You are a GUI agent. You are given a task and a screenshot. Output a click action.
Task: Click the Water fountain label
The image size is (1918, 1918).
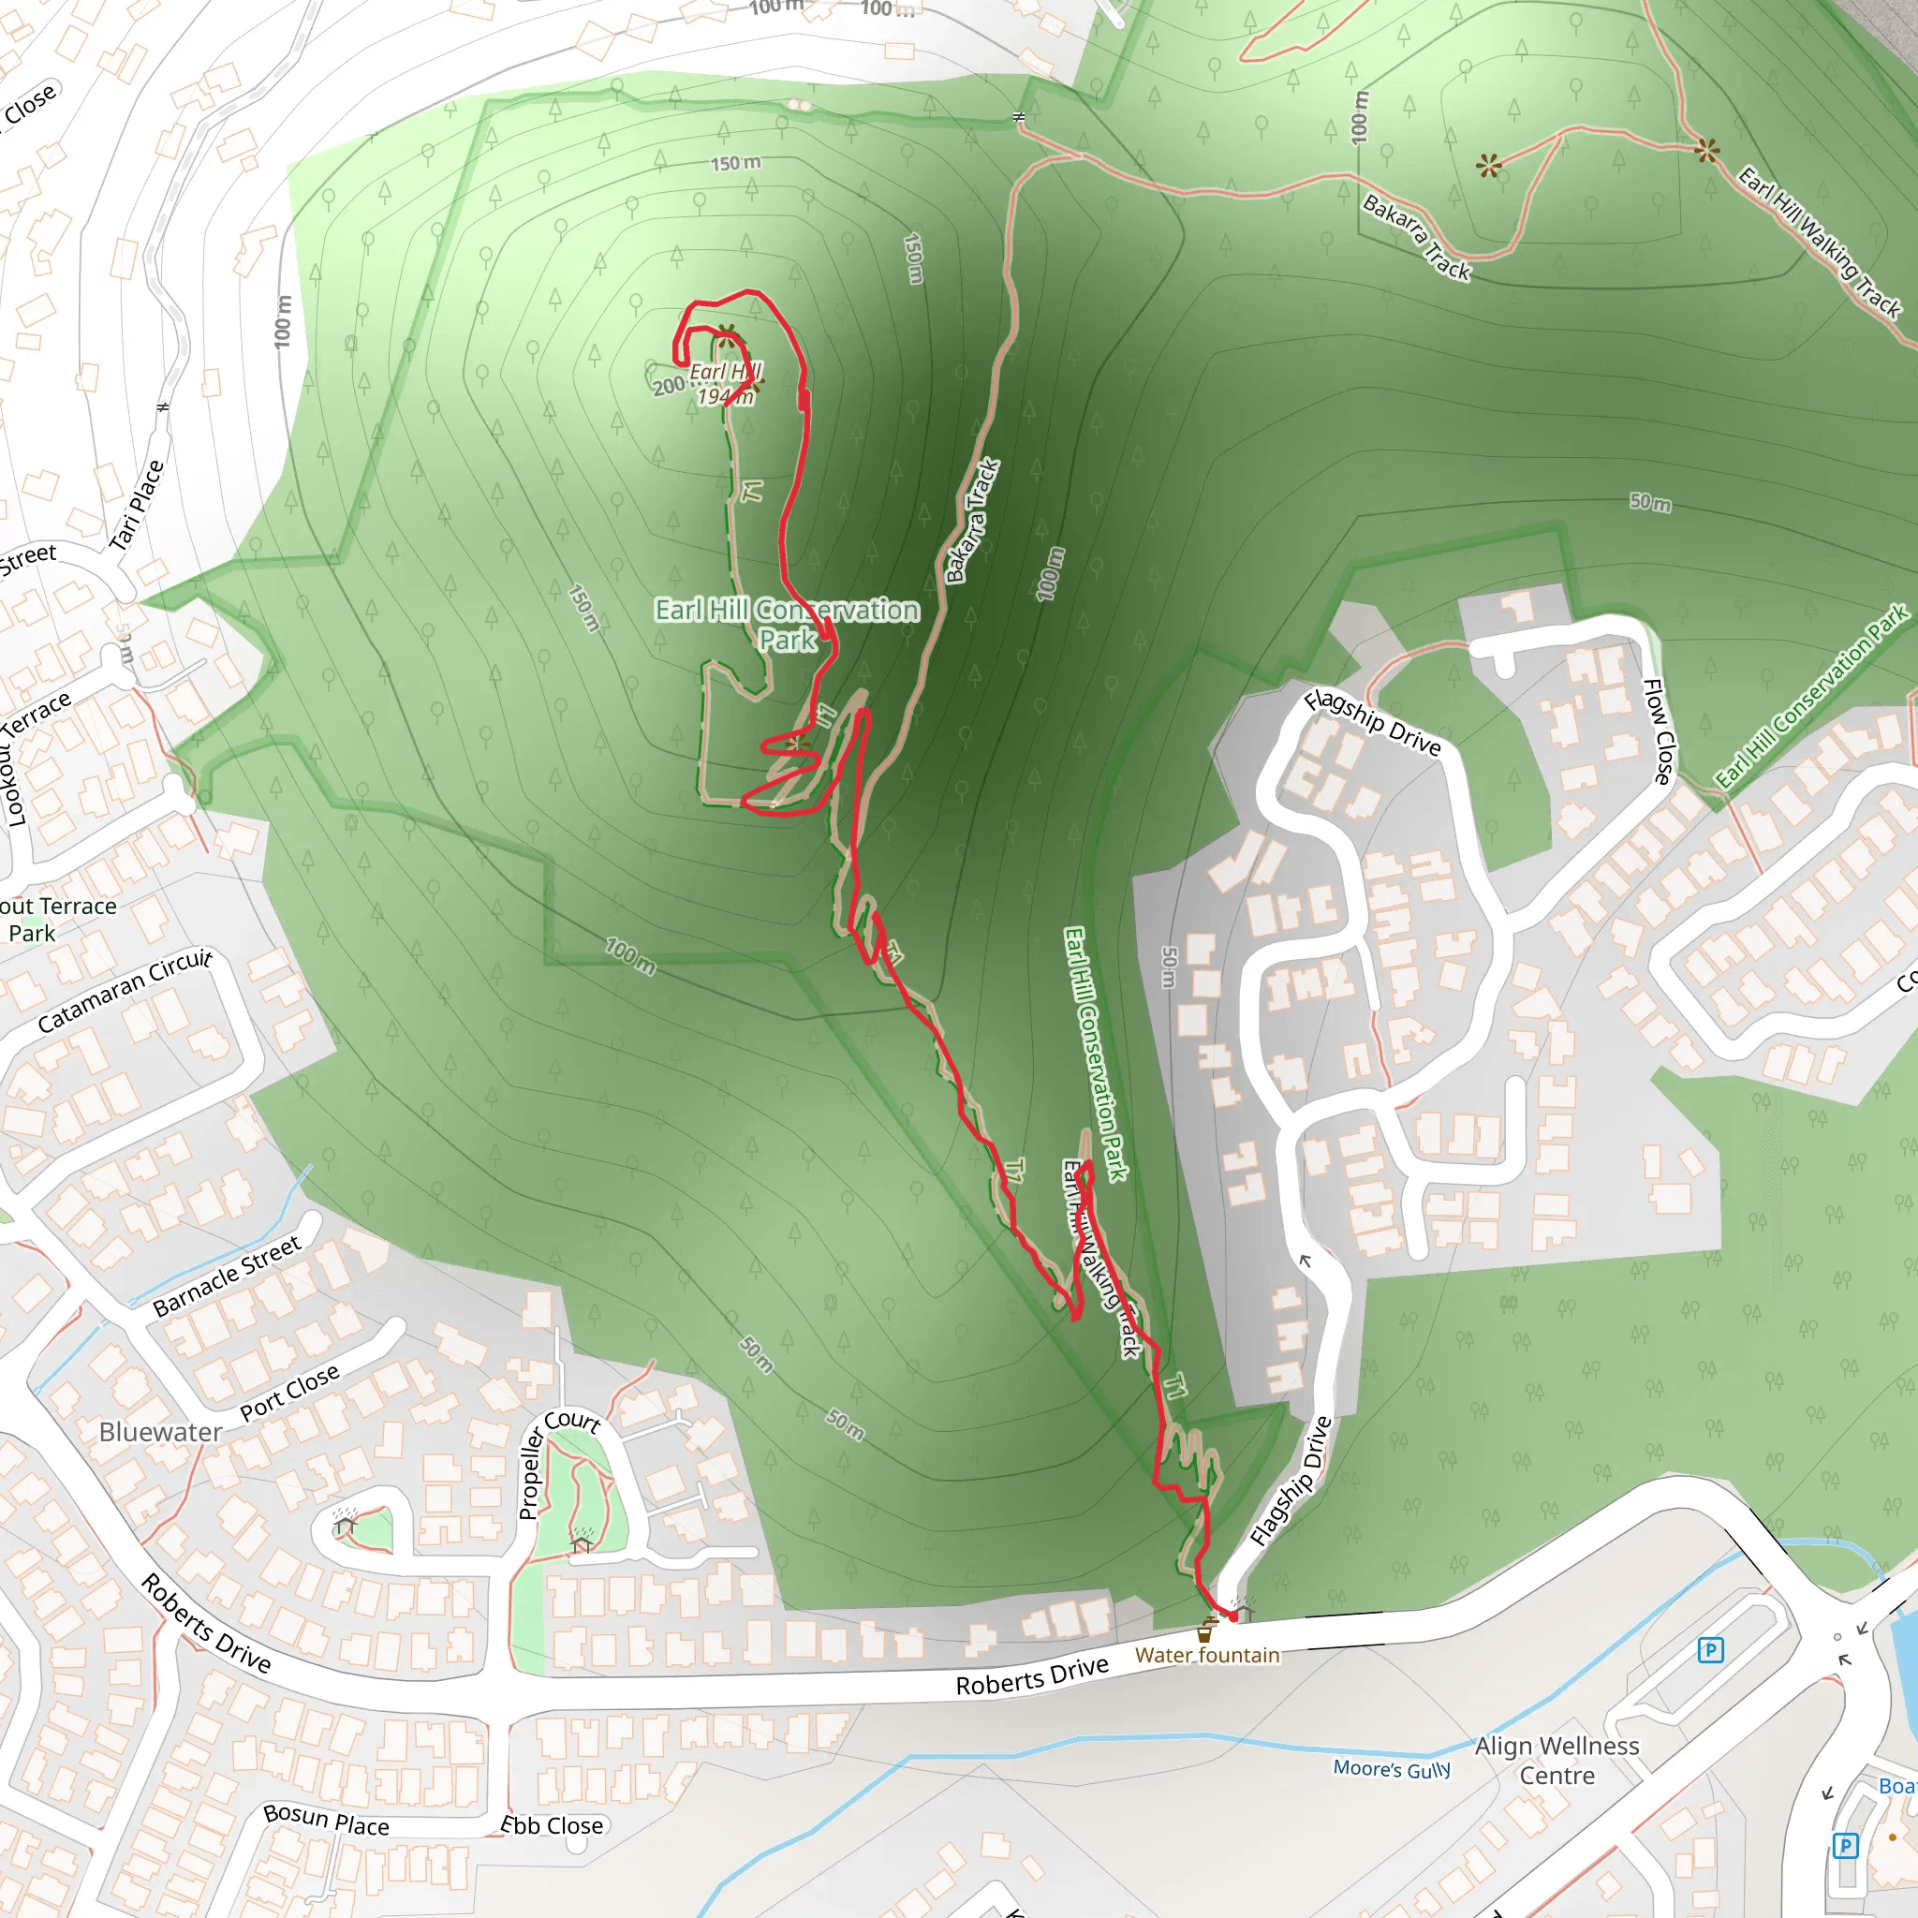(x=1207, y=1655)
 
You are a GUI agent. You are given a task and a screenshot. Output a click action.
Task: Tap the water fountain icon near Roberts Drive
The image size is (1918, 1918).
(x=1205, y=1630)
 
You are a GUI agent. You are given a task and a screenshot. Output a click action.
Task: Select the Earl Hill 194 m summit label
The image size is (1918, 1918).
(x=725, y=384)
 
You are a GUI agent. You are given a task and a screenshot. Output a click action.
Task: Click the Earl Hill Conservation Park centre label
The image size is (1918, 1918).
(x=788, y=625)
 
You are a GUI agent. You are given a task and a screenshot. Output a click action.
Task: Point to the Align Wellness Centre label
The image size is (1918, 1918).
(x=1557, y=1760)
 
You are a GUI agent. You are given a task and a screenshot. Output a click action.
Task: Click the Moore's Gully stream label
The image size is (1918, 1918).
(x=1392, y=1768)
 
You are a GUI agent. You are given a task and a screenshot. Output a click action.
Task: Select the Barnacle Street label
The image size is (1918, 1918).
(x=228, y=1276)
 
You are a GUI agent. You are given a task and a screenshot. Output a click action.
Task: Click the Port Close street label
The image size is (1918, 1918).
(x=290, y=1392)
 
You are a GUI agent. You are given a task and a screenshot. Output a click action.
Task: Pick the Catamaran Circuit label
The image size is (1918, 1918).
(x=125, y=990)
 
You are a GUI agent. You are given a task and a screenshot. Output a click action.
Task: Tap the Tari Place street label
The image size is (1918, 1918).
(x=136, y=506)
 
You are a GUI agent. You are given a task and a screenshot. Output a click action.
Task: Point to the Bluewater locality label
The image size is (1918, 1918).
(x=161, y=1433)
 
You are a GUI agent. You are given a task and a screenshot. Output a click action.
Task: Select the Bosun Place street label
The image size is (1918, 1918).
(x=327, y=1820)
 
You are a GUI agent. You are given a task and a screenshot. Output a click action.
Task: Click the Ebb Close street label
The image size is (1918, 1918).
(x=552, y=1825)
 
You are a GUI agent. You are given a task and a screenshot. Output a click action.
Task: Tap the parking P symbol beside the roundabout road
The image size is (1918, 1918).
(x=1710, y=1651)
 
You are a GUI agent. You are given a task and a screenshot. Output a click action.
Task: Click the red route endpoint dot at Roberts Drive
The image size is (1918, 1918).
(x=1234, y=1616)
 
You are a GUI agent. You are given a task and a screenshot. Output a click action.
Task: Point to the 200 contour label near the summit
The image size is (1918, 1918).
(x=668, y=385)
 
